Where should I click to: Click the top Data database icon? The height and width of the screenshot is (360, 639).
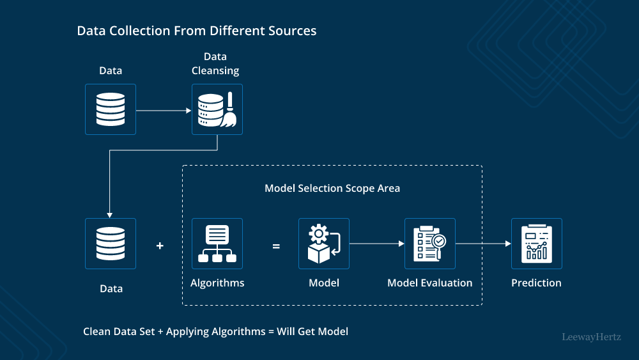pyautogui.click(x=111, y=109)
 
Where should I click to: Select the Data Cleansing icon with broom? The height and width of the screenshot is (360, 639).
pyautogui.click(x=217, y=109)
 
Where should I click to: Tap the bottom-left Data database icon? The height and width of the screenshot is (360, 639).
pyautogui.click(x=111, y=244)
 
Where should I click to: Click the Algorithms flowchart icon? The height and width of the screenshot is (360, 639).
pyautogui.click(x=217, y=244)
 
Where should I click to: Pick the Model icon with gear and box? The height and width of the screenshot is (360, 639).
pyautogui.click(x=324, y=244)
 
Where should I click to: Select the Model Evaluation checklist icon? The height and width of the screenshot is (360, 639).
pyautogui.click(x=430, y=244)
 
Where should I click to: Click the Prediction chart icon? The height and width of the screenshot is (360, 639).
pyautogui.click(x=537, y=244)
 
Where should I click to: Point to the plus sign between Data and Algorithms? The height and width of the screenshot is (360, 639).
pyautogui.click(x=160, y=246)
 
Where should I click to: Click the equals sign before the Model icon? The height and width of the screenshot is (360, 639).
pyautogui.click(x=276, y=246)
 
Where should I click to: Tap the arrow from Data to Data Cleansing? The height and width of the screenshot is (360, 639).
pyautogui.click(x=164, y=110)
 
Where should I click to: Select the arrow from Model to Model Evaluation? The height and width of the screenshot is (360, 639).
pyautogui.click(x=377, y=244)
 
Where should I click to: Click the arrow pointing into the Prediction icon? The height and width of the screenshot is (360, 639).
pyautogui.click(x=483, y=244)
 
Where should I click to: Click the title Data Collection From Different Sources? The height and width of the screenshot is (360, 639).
pyautogui.click(x=196, y=31)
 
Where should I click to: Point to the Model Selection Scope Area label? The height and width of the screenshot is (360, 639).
pyautogui.click(x=332, y=188)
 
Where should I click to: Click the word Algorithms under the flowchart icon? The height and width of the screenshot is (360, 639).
pyautogui.click(x=217, y=283)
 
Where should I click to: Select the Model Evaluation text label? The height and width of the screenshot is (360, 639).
pyautogui.click(x=430, y=283)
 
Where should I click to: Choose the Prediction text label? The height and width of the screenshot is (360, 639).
pyautogui.click(x=536, y=283)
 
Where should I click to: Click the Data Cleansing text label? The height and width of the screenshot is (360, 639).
pyautogui.click(x=215, y=64)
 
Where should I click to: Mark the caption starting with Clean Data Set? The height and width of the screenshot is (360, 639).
pyautogui.click(x=215, y=332)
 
